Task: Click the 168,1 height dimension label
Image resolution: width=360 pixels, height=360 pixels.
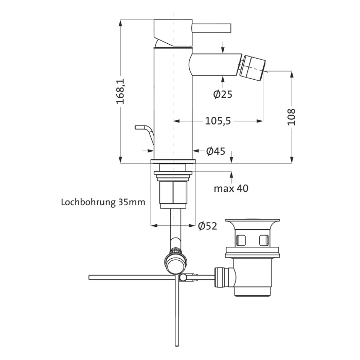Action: (x=120, y=92)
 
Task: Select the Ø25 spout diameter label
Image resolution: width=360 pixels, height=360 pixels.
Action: (x=223, y=94)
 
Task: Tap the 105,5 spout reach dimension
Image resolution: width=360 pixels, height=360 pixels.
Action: (x=218, y=121)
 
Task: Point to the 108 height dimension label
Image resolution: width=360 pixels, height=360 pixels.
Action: (x=292, y=117)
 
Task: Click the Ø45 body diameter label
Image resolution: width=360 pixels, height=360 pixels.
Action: (x=216, y=151)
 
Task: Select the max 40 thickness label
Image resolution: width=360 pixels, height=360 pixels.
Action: (x=231, y=189)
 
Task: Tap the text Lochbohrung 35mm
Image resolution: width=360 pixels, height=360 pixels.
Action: (x=103, y=202)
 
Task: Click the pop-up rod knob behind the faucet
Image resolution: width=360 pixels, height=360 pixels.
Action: (x=140, y=127)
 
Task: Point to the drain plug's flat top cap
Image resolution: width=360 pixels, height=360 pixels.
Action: (x=255, y=222)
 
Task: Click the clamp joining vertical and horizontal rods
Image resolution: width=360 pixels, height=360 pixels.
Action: (x=183, y=278)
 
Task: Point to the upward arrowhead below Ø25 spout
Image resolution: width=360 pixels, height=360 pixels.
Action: (x=223, y=78)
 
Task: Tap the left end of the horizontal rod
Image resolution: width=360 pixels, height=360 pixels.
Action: (x=91, y=277)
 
